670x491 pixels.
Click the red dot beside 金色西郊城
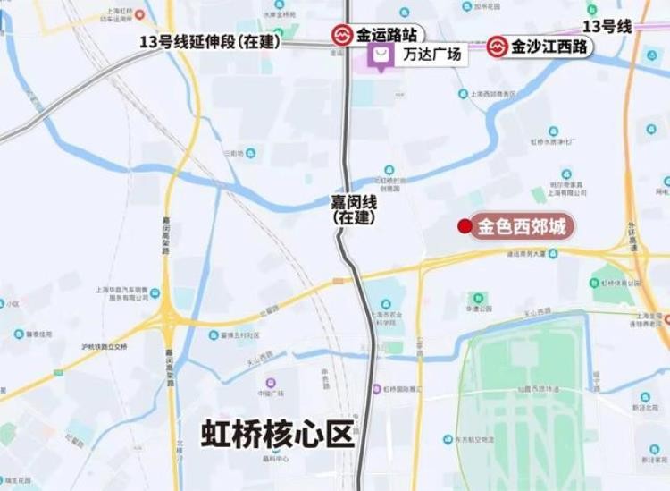pyautogui.click(x=464, y=226)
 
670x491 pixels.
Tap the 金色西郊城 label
pyautogui.click(x=522, y=227)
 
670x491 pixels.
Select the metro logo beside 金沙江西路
pyautogui.click(x=498, y=46)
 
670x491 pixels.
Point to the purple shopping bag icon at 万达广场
pyautogui.click(x=381, y=57)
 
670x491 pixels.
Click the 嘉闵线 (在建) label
pyautogui.click(x=354, y=208)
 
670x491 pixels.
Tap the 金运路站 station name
pyautogui.click(x=387, y=37)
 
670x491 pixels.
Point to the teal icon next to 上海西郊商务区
pyautogui.click(x=463, y=93)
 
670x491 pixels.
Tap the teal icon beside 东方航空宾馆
pyautogui.click(x=448, y=439)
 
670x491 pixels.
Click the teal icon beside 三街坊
pyautogui.click(x=251, y=153)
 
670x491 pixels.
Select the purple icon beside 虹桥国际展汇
pyautogui.click(x=377, y=389)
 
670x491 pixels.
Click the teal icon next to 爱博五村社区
pyautogui.click(x=214, y=337)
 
